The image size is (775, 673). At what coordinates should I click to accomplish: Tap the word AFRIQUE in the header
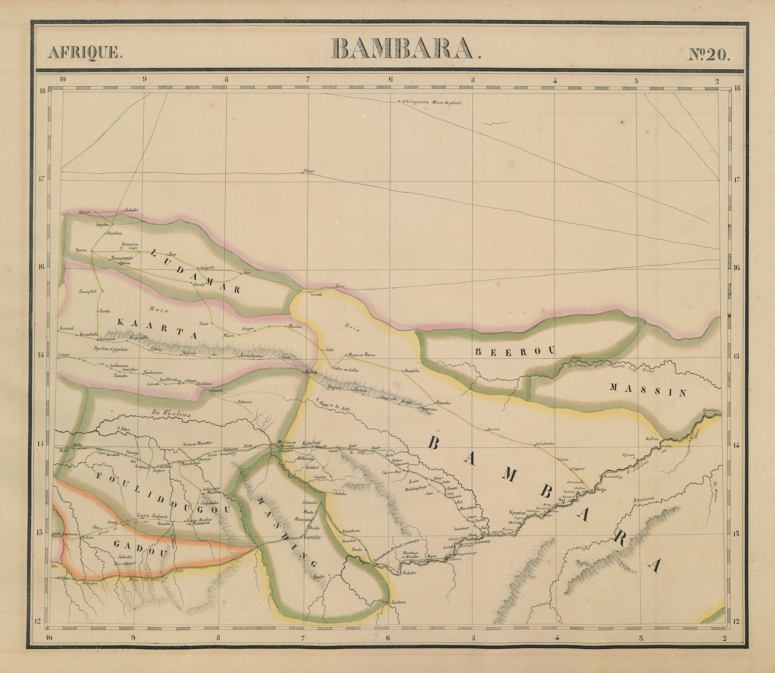tap(85, 52)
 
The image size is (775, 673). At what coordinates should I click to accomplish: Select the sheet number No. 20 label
tap(709, 53)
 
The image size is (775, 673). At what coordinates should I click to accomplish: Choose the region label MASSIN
tap(648, 389)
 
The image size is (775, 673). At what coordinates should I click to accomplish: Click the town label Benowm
tap(130, 244)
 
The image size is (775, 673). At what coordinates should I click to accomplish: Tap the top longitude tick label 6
tap(390, 80)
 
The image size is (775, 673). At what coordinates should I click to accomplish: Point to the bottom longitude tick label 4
tap(558, 638)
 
